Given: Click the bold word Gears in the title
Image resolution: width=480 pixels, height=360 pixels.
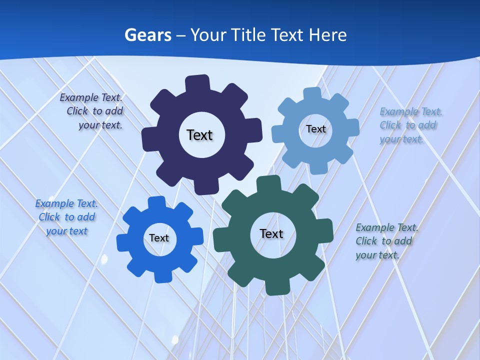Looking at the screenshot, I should tap(147, 35).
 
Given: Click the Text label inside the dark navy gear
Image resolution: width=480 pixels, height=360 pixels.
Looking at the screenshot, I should tap(199, 135).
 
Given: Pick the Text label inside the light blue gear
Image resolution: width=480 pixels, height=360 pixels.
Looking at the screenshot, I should tap(315, 129).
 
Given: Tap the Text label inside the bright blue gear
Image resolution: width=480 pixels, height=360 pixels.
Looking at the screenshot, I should tap(159, 238).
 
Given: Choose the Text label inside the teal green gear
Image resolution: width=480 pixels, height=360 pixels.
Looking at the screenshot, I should tap(271, 233).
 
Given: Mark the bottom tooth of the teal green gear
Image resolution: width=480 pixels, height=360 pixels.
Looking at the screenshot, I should tap(276, 287).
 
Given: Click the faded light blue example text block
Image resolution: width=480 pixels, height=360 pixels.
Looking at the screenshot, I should tap(410, 125).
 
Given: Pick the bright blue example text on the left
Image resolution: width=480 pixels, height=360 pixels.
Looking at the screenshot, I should tap(66, 217).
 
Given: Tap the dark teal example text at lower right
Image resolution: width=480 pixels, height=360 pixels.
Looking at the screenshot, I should tap(386, 241).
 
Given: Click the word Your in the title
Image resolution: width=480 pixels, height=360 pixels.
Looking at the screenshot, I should tap(208, 35).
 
